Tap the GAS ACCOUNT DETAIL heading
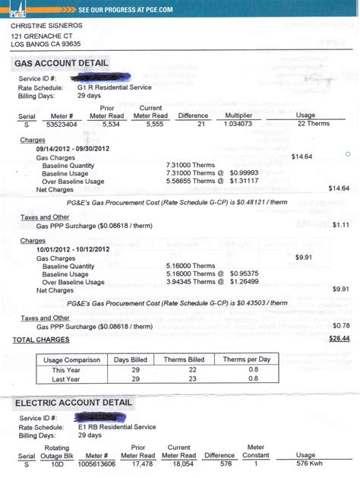[x=62, y=63]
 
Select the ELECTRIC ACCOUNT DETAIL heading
[x=73, y=403]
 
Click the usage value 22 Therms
[x=312, y=123]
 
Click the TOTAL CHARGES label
[x=41, y=339]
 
